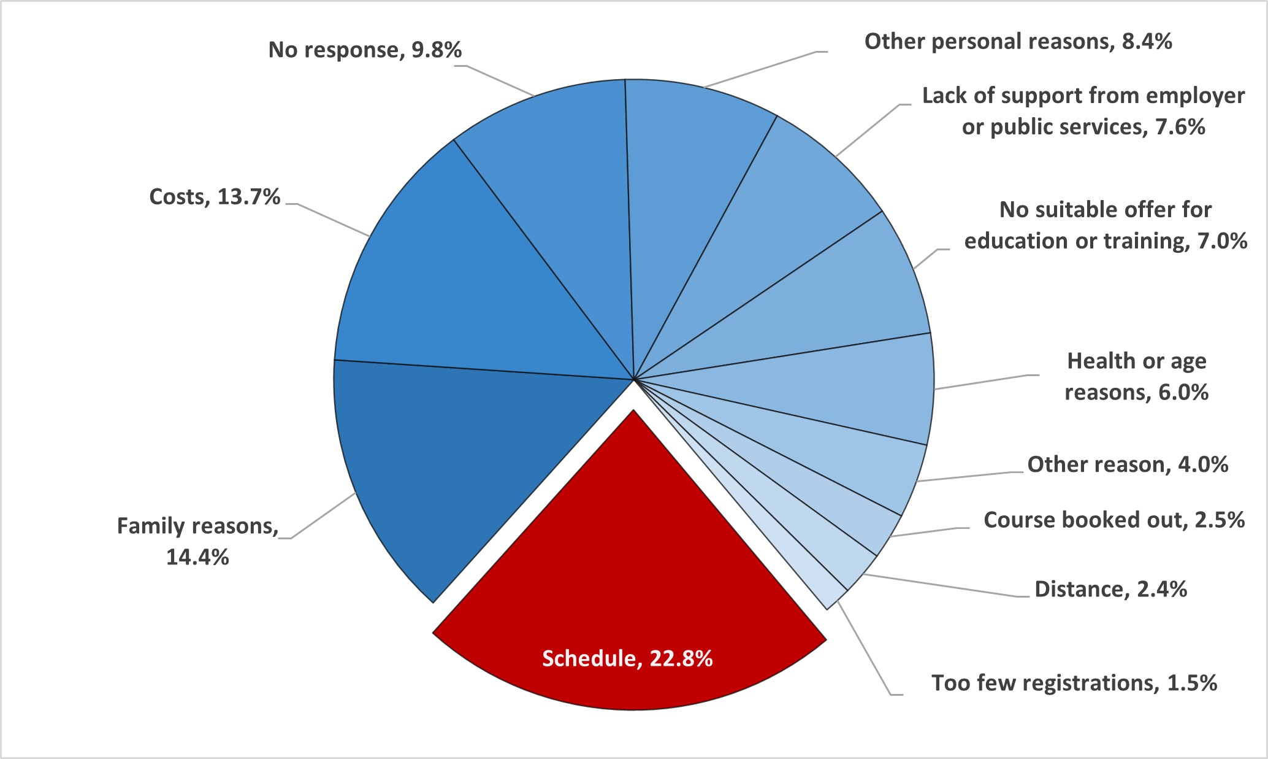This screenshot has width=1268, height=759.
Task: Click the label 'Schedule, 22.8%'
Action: tap(627, 658)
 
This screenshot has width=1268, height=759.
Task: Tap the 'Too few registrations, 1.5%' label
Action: tap(1074, 683)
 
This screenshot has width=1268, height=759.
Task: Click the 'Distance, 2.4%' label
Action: tap(1110, 589)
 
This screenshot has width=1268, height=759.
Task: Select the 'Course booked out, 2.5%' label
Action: tap(1113, 520)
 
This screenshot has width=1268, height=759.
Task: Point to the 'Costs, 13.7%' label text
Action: tap(215, 197)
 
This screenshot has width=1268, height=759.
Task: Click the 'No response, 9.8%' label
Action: tap(365, 50)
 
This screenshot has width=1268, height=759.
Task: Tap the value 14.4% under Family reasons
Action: tap(197, 557)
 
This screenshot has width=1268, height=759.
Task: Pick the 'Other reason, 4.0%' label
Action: tap(1128, 464)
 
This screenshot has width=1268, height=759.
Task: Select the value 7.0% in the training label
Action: tap(1222, 241)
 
